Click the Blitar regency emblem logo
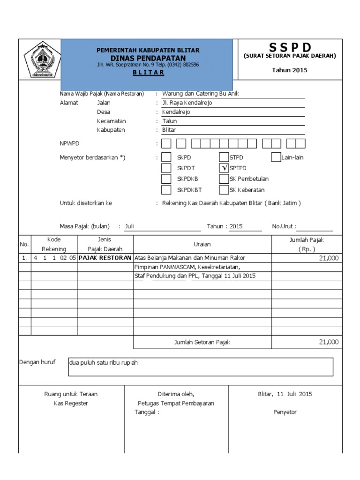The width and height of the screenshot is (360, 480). [40, 60]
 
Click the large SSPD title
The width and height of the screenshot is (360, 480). [290, 47]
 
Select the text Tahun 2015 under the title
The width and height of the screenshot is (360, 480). [290, 70]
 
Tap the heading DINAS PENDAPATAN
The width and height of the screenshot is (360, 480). [148, 58]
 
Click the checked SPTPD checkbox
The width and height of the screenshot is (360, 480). [224, 168]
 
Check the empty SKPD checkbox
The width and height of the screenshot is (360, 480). [166, 157]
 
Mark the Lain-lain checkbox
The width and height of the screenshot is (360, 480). [276, 157]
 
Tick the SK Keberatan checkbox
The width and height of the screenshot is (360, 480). [224, 190]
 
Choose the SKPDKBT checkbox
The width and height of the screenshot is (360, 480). [166, 190]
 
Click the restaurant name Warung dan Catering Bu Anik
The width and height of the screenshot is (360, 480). [200, 93]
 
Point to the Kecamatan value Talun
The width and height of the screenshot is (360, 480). [169, 121]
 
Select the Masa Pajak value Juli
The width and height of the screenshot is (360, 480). [129, 226]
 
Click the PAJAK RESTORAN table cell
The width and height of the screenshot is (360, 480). [105, 258]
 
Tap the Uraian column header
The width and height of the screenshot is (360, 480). [202, 244]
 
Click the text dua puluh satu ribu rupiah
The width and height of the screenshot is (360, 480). [104, 363]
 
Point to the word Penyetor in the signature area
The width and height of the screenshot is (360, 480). [285, 412]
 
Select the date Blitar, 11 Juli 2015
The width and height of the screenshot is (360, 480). [285, 394]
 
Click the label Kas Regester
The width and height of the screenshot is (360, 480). [71, 403]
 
